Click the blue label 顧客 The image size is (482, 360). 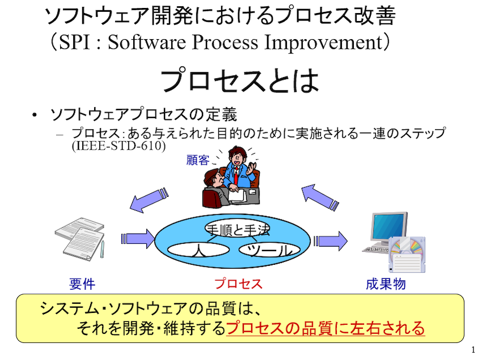point(198,160)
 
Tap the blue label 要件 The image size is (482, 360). point(82,283)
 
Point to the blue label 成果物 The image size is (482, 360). point(386,283)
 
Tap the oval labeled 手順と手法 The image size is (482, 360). point(238,228)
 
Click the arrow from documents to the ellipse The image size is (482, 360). point(137,239)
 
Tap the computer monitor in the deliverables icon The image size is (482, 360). point(388,228)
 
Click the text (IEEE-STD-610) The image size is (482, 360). point(119,146)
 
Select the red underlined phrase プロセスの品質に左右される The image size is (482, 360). point(325,328)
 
